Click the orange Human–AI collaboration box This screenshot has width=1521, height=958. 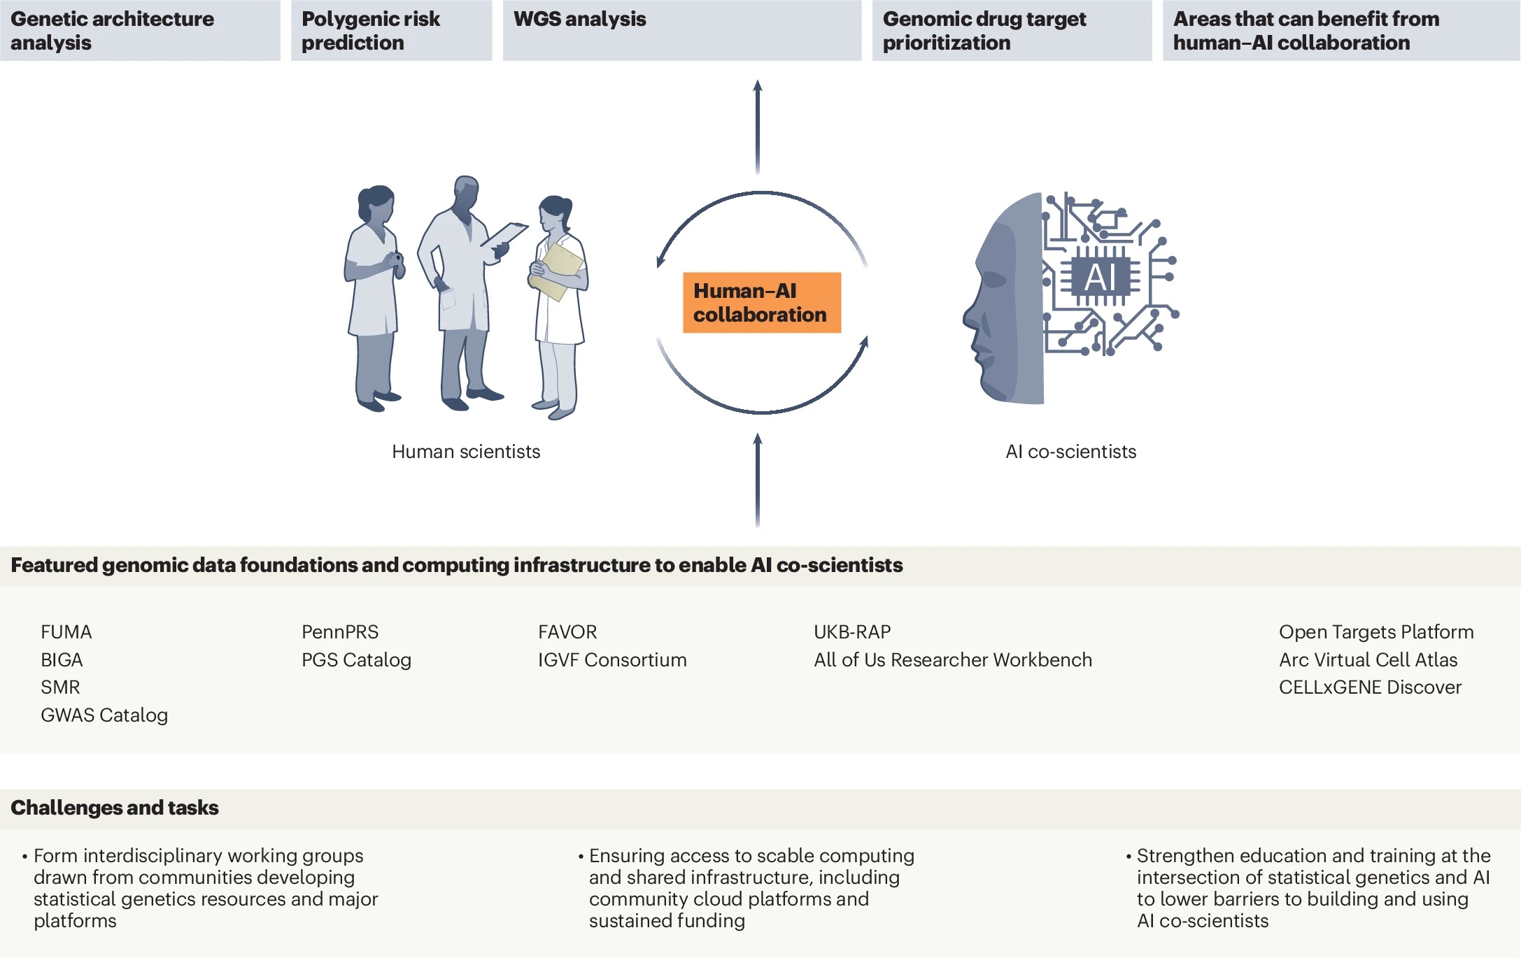(761, 303)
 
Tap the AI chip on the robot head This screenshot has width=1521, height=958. (1100, 277)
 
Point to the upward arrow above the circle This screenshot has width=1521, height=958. (757, 126)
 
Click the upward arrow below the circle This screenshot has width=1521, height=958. (757, 479)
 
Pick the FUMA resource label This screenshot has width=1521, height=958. (66, 632)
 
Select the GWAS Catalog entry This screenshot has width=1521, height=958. (104, 715)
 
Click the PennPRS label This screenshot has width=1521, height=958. (340, 632)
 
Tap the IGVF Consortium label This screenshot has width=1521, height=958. (612, 660)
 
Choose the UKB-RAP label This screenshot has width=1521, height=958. (852, 632)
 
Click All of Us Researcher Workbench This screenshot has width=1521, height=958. (952, 660)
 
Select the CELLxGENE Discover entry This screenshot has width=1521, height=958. (1370, 687)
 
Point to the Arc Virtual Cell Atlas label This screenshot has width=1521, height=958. (1368, 660)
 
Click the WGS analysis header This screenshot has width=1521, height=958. (580, 20)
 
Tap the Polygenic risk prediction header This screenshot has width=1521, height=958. (371, 31)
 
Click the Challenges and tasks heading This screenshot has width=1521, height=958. (115, 808)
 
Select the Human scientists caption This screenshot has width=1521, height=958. (466, 452)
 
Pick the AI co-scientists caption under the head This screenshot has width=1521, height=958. (1070, 452)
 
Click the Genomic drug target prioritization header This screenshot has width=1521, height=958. (984, 31)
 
